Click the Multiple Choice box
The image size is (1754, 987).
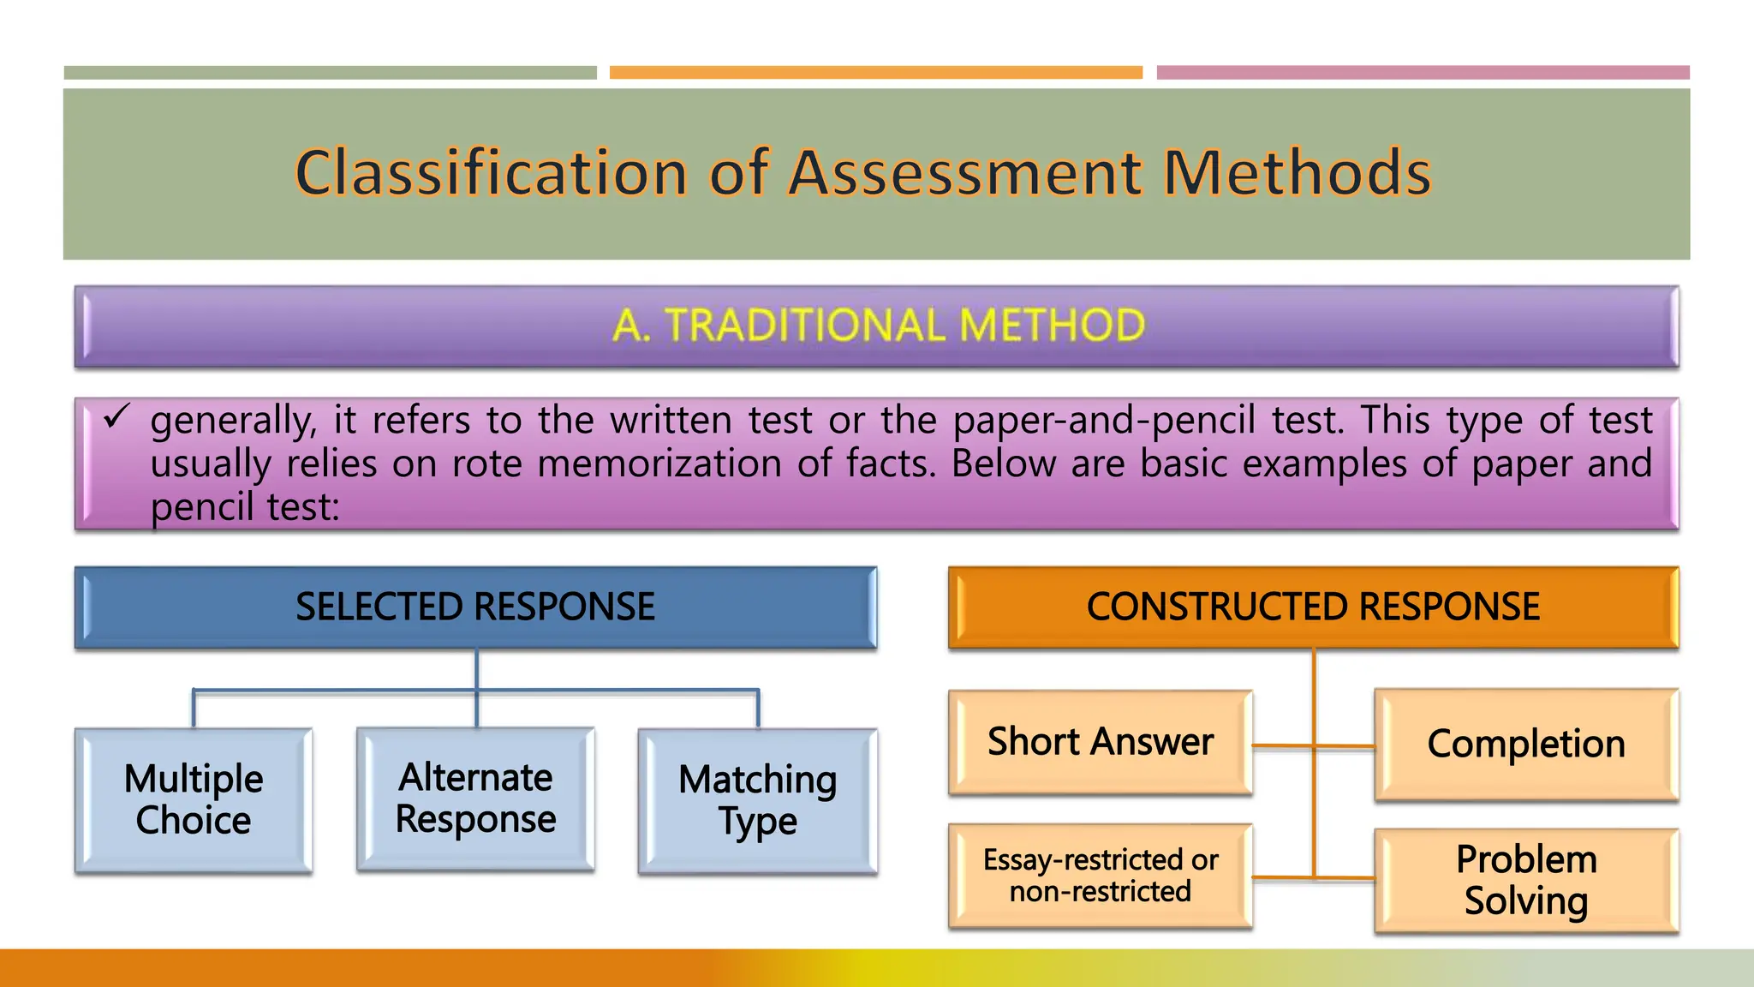(x=194, y=800)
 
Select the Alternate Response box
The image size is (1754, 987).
(x=475, y=799)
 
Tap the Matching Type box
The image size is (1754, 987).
(x=758, y=800)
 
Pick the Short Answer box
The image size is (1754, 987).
(x=1101, y=742)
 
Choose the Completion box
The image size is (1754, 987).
(x=1526, y=745)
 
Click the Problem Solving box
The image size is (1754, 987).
(x=1526, y=880)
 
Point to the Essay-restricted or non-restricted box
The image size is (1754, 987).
(x=1101, y=876)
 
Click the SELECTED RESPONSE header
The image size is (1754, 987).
(x=475, y=607)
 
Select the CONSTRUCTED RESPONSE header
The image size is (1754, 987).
(x=1313, y=607)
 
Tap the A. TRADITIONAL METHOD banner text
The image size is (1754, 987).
(x=878, y=326)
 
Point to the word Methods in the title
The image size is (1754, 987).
(x=1297, y=173)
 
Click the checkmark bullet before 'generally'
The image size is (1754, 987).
(x=116, y=417)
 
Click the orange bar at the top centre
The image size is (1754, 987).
(x=876, y=73)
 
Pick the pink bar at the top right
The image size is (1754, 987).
(x=1423, y=73)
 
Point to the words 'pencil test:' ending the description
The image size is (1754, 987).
(x=245, y=507)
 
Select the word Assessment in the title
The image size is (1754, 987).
(x=966, y=173)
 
